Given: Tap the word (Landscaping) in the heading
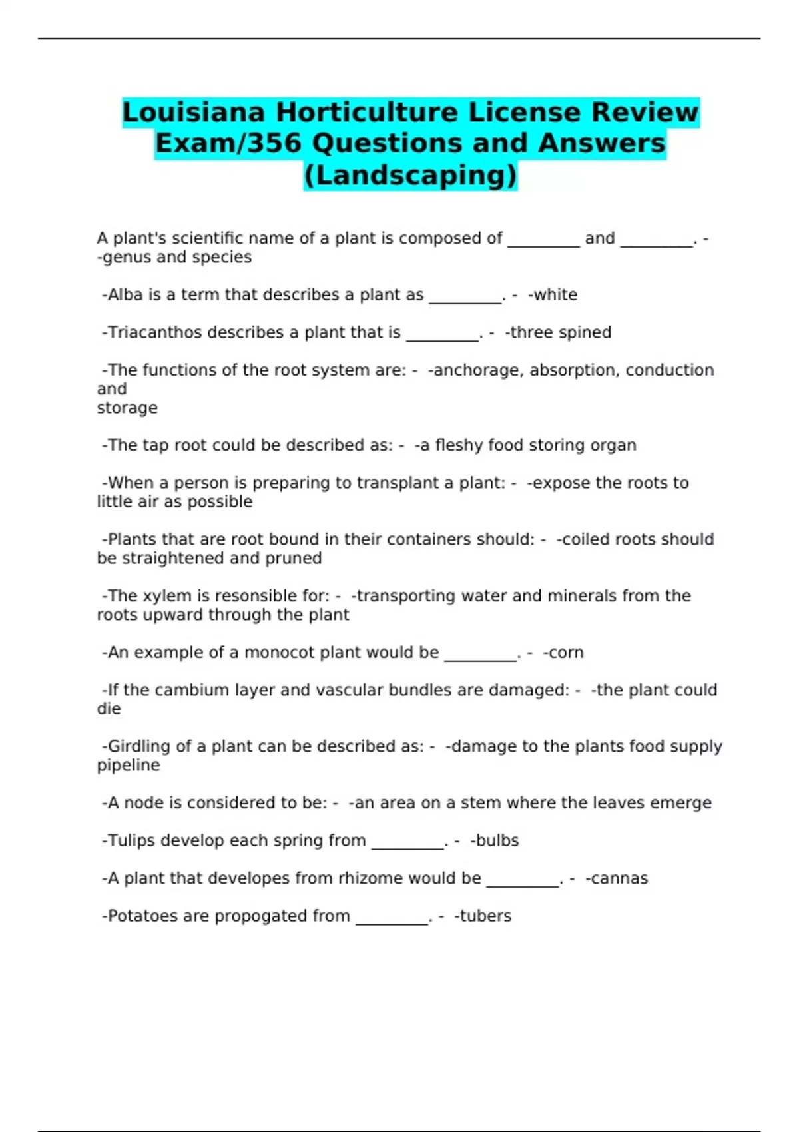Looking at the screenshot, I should [x=410, y=175].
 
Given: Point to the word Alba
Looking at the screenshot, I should [x=125, y=295].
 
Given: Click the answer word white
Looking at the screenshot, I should [x=555, y=295].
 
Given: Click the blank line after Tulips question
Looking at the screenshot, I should [x=407, y=846].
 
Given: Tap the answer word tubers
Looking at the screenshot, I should [x=485, y=916].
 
